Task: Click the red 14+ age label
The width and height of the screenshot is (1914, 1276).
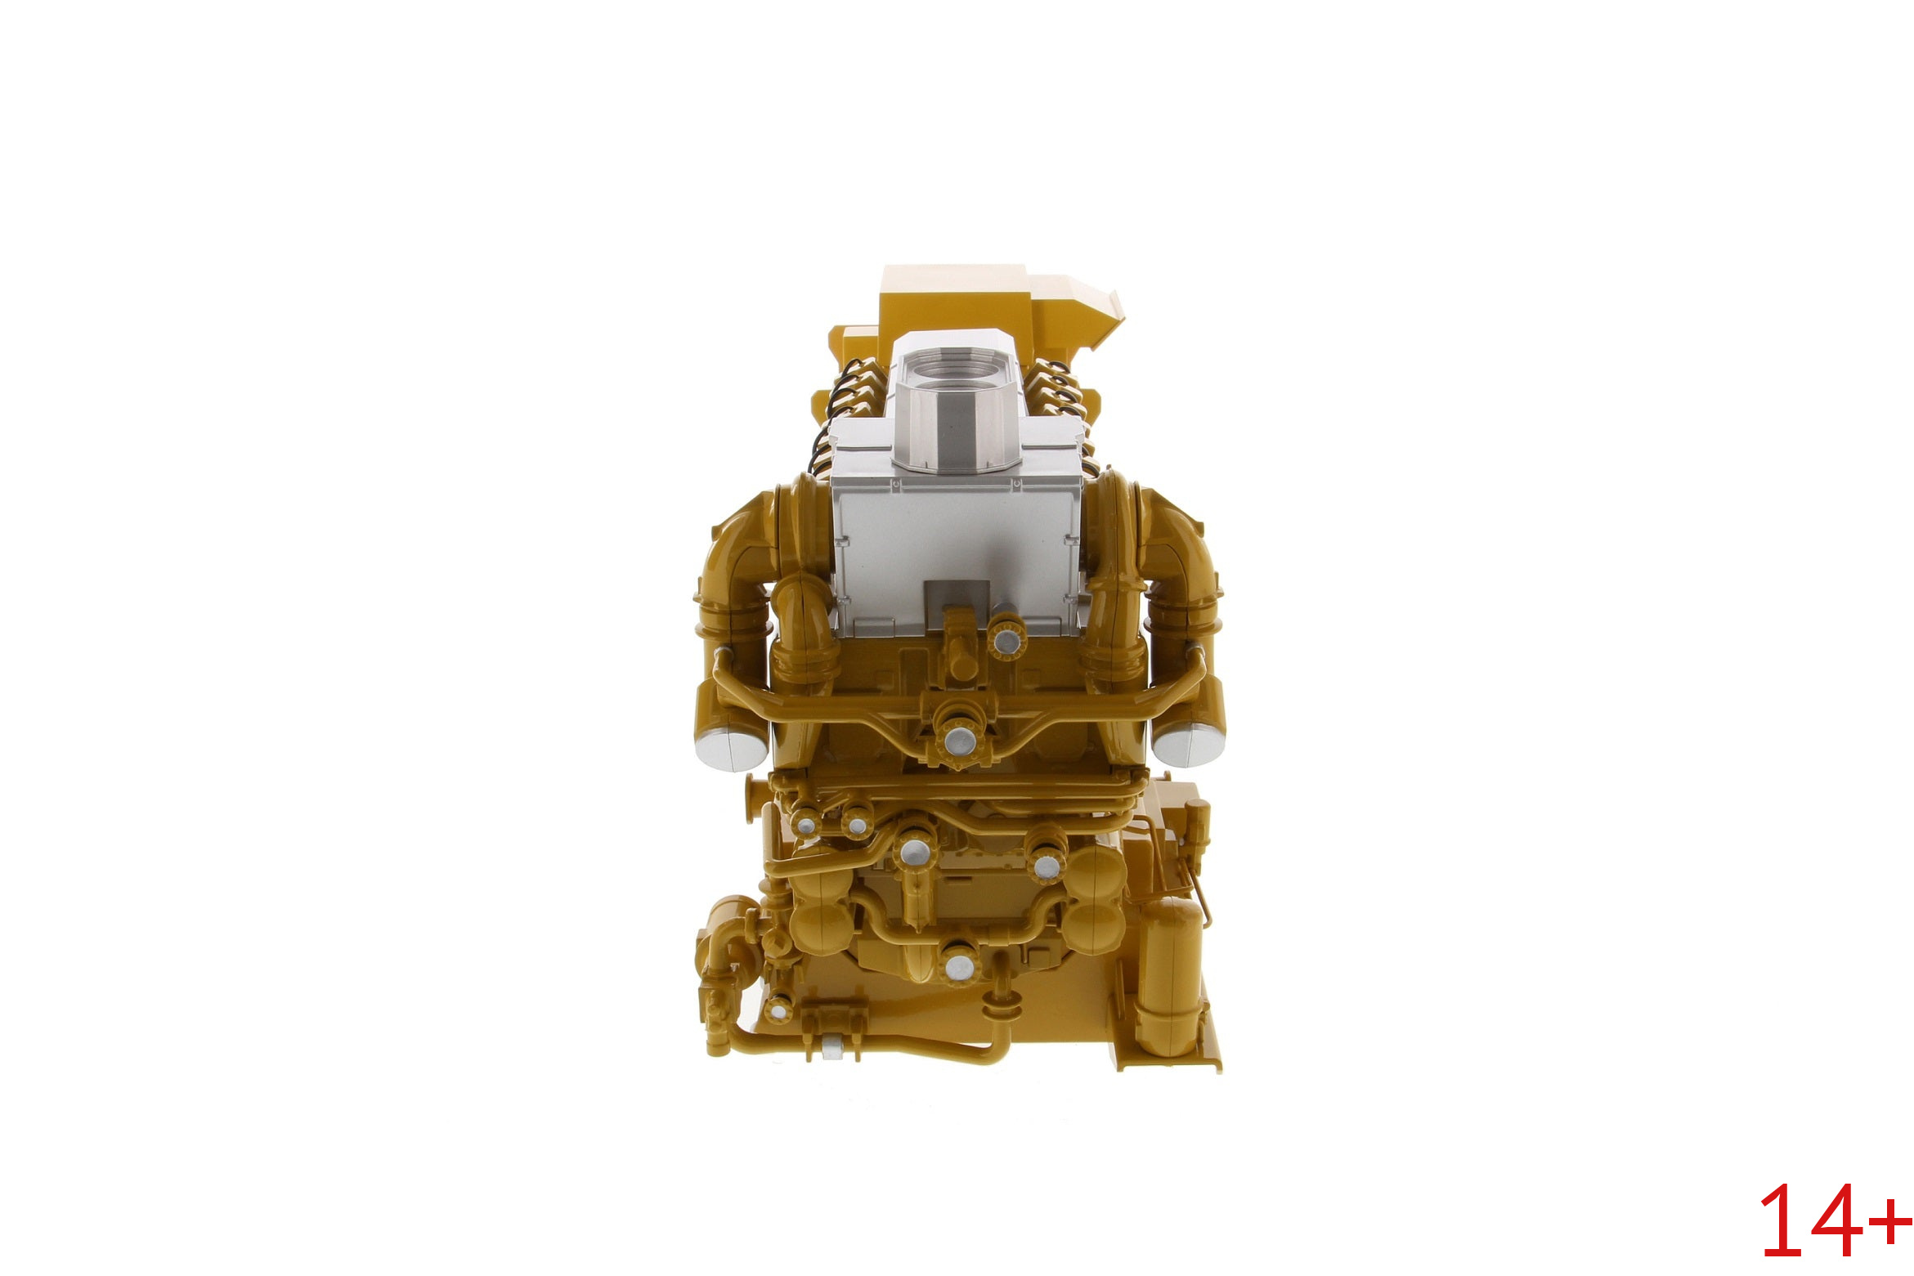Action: [x=1836, y=1221]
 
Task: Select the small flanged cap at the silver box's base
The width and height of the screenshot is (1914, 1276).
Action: [x=1005, y=636]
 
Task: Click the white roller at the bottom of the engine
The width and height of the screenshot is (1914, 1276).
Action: [x=834, y=1045]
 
